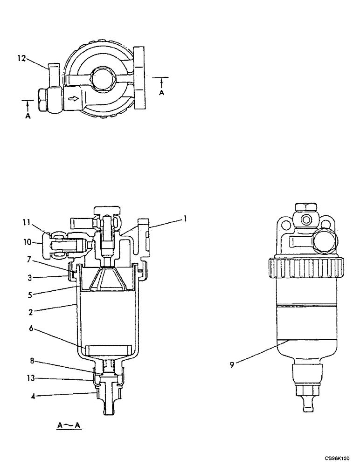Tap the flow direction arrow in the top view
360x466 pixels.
pyautogui.click(x=73, y=99)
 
